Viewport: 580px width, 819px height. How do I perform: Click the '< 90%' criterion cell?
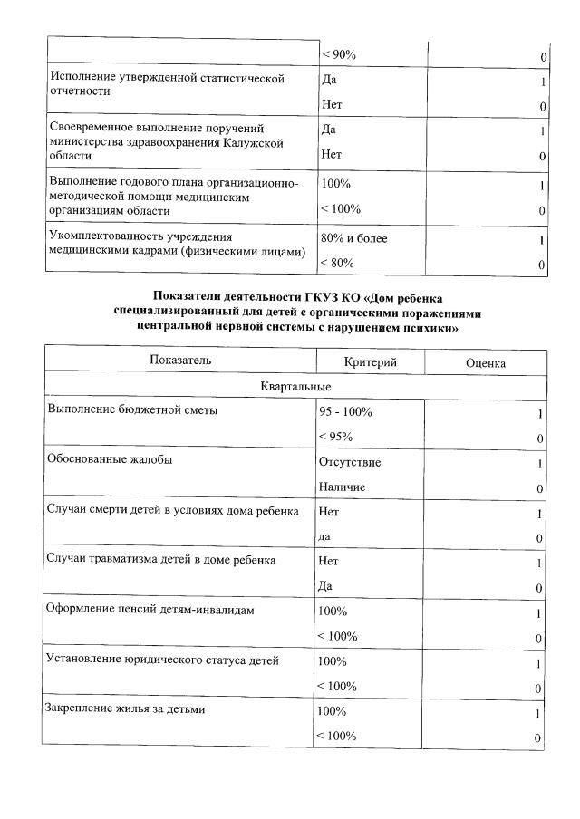point(339,56)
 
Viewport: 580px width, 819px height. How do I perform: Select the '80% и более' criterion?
point(353,239)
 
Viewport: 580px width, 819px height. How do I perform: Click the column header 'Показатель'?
point(180,361)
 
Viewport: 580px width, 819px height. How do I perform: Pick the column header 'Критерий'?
point(371,361)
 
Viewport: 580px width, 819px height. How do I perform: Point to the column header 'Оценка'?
point(485,362)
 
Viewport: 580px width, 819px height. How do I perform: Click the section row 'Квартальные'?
point(295,387)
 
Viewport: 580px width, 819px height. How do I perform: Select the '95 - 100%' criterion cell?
point(345,411)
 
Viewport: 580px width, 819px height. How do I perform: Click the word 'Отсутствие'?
point(350,462)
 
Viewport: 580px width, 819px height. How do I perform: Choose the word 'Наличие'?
point(342,487)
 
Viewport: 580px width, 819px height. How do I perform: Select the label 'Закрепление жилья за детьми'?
point(126,709)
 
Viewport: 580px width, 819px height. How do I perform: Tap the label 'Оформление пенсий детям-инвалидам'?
point(150,610)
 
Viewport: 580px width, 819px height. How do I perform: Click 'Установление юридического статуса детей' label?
point(162,660)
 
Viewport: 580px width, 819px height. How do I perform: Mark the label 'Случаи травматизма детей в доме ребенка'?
point(161,560)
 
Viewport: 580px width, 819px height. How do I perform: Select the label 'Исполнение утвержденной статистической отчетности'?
point(166,84)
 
